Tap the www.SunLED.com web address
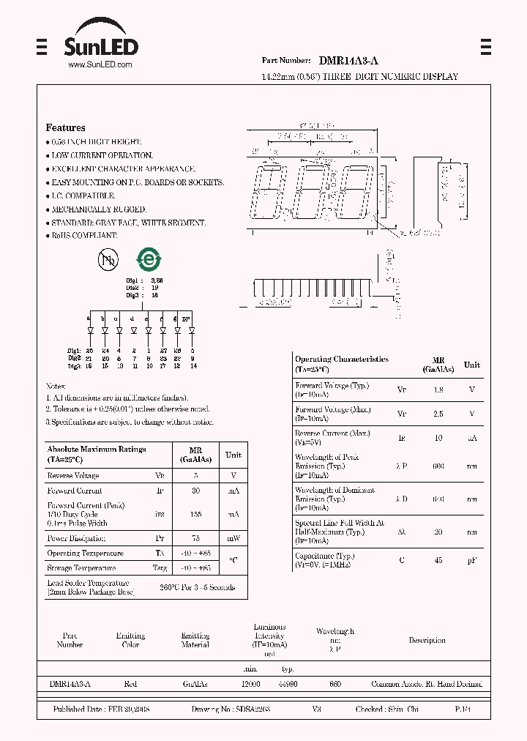(x=100, y=65)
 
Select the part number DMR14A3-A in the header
(x=348, y=62)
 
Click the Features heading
(x=65, y=127)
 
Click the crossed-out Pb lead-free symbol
(x=108, y=259)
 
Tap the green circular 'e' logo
(x=149, y=259)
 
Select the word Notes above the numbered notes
(x=56, y=385)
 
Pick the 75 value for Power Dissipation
(x=196, y=537)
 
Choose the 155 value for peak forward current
(x=196, y=514)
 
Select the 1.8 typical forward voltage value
(x=438, y=390)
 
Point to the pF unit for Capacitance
(x=472, y=560)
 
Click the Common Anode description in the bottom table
(x=427, y=684)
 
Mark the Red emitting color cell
(x=130, y=684)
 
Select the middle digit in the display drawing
(x=313, y=193)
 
